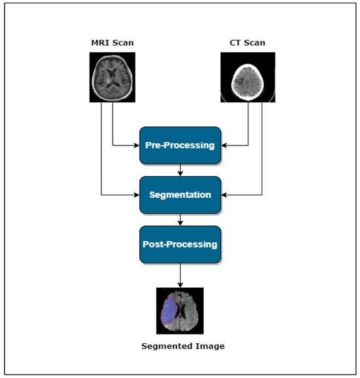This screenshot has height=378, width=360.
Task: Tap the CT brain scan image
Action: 243,77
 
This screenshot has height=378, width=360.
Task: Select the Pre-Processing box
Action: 179,145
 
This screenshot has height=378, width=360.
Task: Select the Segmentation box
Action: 179,195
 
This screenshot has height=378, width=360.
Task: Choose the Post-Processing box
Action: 179,244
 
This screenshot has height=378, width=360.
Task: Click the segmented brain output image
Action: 180,311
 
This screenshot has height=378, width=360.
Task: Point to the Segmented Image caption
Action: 183,345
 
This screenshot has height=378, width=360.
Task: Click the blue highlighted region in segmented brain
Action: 168,313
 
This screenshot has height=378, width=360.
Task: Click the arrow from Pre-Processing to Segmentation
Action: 179,170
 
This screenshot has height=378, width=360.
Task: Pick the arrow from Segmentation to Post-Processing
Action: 179,219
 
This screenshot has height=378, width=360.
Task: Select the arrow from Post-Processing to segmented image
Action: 179,274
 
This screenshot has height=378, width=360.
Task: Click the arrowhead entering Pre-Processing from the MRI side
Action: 136,145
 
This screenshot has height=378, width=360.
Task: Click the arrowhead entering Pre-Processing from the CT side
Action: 225,145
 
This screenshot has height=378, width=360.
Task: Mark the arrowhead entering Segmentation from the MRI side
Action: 136,195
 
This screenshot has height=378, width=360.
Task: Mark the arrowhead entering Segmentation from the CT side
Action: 225,195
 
